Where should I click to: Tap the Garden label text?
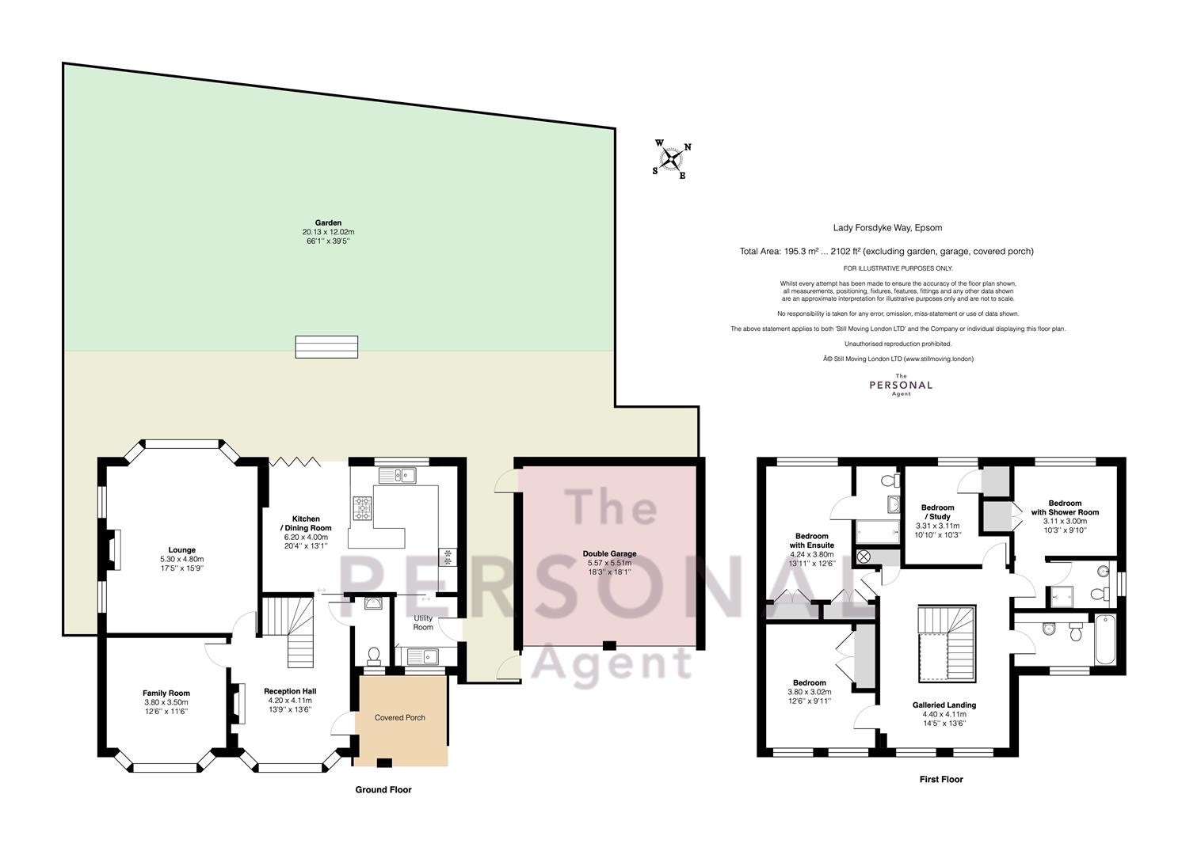coord(328,223)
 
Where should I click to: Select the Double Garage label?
coord(609,554)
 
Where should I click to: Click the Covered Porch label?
coord(399,717)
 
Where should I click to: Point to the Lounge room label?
coord(182,549)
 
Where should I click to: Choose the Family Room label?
coord(166,693)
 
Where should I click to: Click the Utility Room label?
coord(423,622)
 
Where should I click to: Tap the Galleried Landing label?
coord(944,705)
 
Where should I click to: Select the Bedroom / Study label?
coord(938,512)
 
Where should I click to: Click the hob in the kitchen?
coord(363,508)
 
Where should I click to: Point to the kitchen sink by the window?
coord(398,476)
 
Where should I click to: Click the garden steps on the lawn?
coord(326,347)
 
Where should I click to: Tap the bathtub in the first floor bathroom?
coord(1105,640)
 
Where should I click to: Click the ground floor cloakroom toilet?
coord(374,655)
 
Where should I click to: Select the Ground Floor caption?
coord(383,789)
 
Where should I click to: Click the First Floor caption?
coord(941,779)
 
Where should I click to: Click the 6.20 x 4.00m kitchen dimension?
coord(306,537)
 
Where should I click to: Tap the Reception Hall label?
coord(290,691)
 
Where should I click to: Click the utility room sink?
coord(423,656)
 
